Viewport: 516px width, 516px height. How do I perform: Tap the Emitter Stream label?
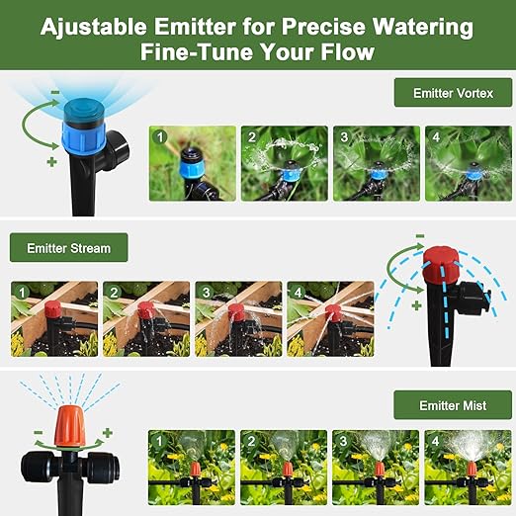point(68,248)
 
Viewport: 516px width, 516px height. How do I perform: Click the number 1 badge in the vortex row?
point(161,135)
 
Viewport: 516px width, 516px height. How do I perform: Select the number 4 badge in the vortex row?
point(437,135)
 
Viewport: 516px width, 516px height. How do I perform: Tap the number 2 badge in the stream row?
point(115,293)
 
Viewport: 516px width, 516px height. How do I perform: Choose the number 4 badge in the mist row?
point(436,440)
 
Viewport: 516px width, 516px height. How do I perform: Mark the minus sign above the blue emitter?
point(54,93)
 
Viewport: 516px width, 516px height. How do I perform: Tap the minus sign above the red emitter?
point(420,235)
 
